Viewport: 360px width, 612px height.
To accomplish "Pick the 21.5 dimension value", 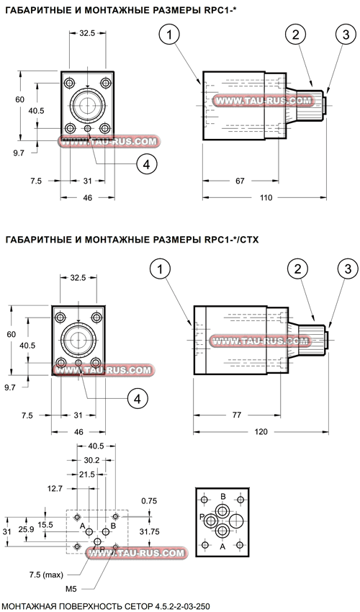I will [86, 474].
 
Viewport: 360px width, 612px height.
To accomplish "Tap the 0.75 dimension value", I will [149, 500].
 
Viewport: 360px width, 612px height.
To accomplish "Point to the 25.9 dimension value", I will [25, 530].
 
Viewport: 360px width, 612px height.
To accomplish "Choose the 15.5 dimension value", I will [46, 525].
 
